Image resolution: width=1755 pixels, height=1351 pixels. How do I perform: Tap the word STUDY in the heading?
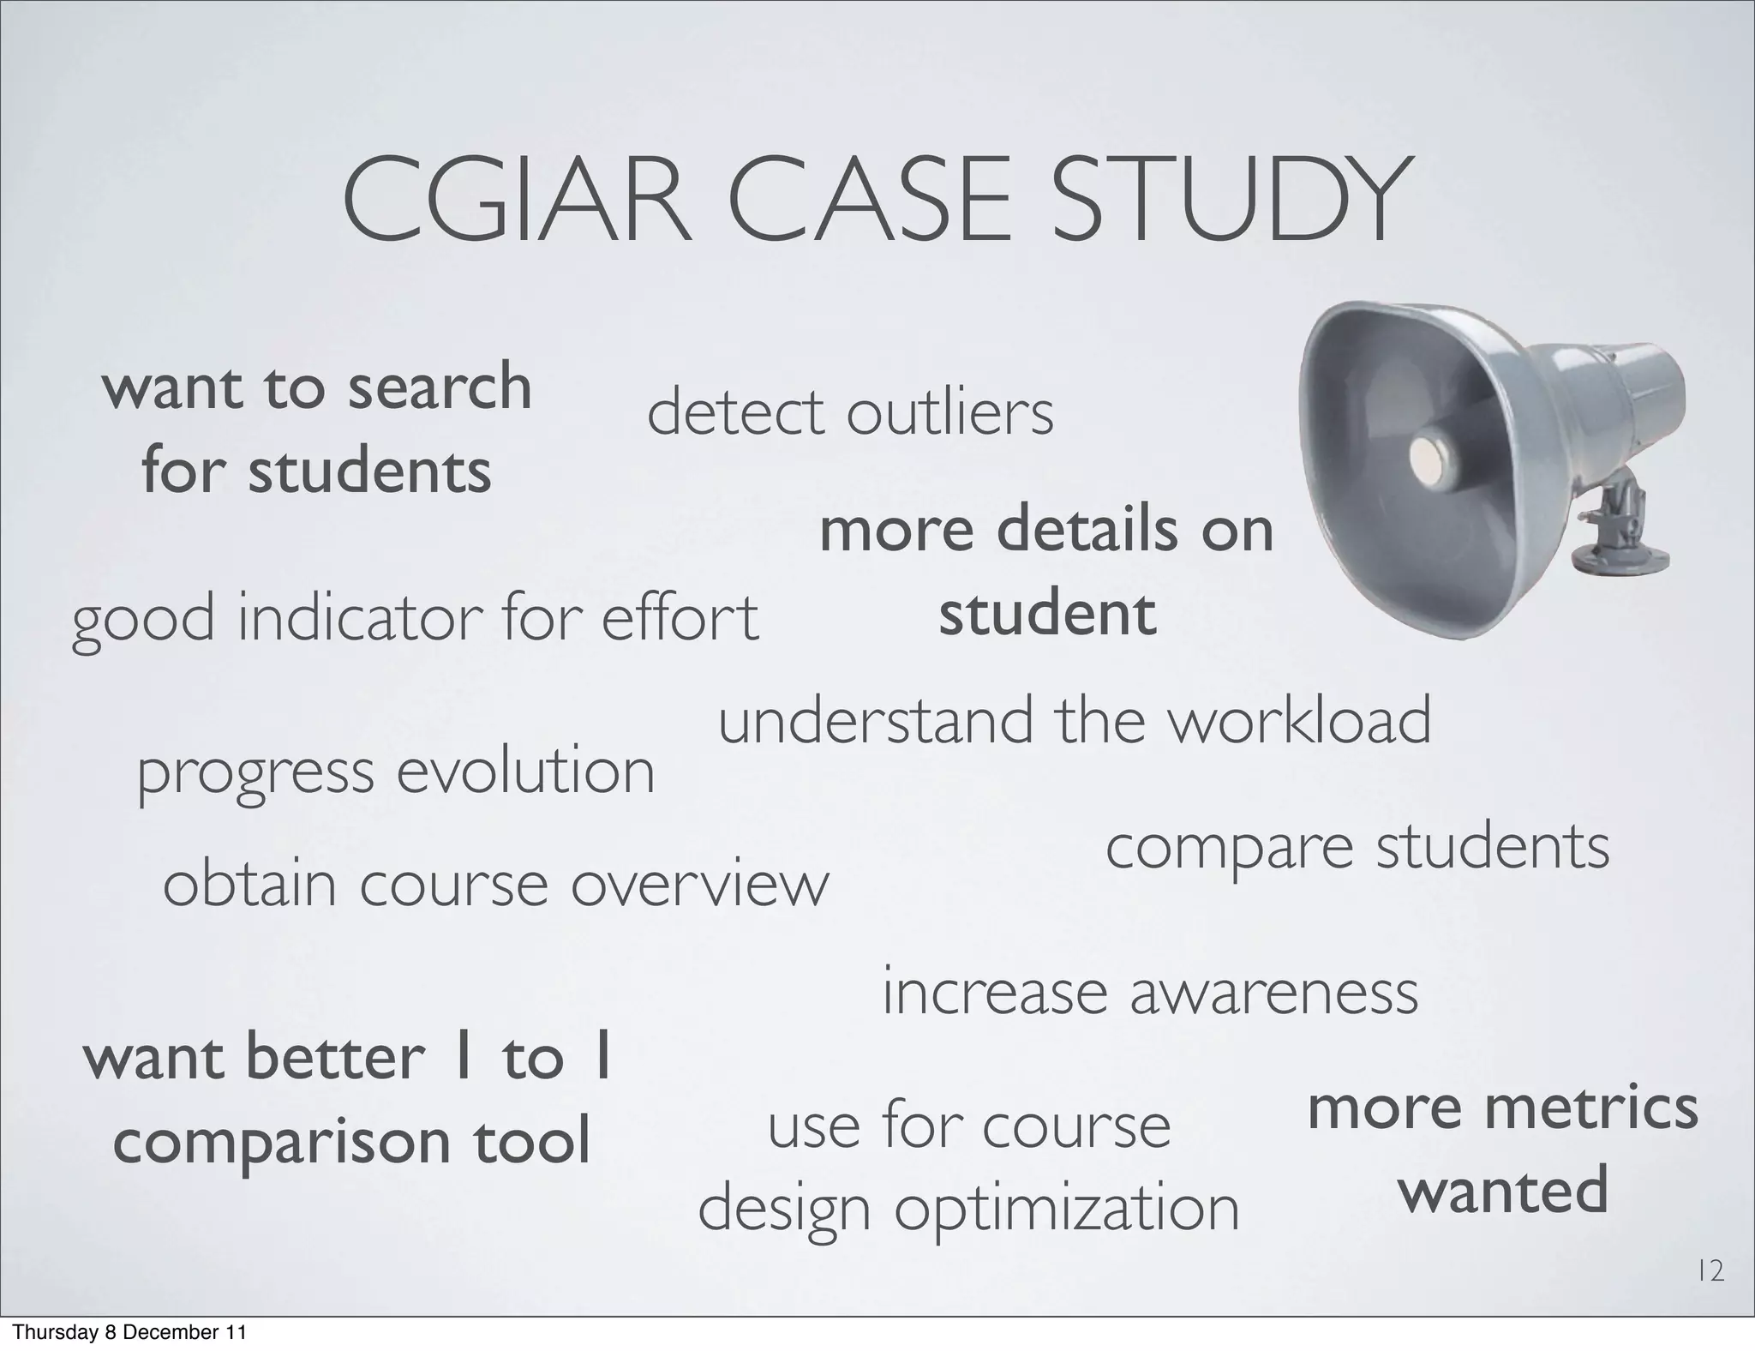(1230, 202)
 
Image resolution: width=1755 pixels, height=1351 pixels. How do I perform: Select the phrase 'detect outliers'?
(849, 414)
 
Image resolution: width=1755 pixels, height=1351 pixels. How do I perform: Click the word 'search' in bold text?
(440, 387)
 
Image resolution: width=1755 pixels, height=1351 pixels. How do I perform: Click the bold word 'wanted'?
(1503, 1191)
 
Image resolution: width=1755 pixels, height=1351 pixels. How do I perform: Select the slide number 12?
(1710, 1272)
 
